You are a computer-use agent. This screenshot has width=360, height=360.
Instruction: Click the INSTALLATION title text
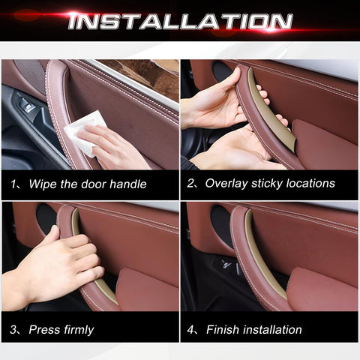[x=180, y=21]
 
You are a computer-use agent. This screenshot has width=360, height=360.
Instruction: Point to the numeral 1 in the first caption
[x=13, y=184]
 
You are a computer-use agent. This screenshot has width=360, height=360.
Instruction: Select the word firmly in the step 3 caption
[x=79, y=330]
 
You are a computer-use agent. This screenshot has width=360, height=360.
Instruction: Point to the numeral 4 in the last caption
[x=190, y=330]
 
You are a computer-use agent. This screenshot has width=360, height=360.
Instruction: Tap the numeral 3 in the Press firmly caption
[x=13, y=329]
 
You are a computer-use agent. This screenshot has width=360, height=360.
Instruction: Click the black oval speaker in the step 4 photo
[x=221, y=225]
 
